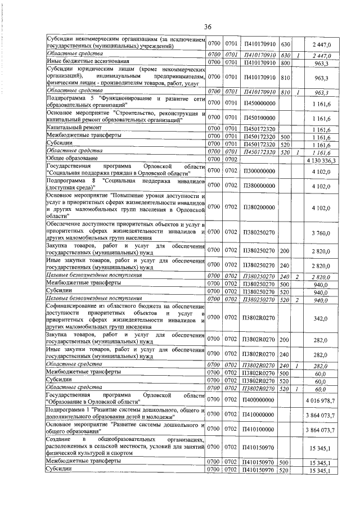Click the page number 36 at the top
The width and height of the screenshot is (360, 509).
coord(208,26)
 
